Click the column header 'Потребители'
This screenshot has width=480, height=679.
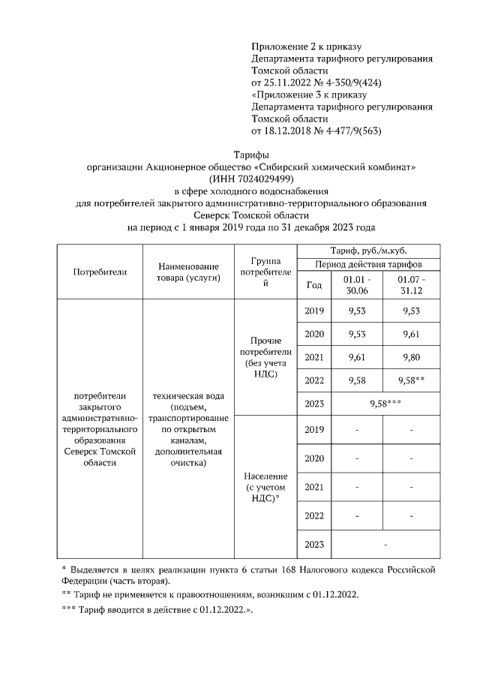click(100, 272)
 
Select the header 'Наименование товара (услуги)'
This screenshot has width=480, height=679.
click(187, 272)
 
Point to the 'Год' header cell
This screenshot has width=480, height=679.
click(314, 285)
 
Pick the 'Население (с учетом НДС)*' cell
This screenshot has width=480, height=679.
click(266, 487)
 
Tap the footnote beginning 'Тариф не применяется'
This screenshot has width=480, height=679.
click(210, 595)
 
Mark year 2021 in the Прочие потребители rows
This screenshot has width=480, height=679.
click(314, 358)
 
